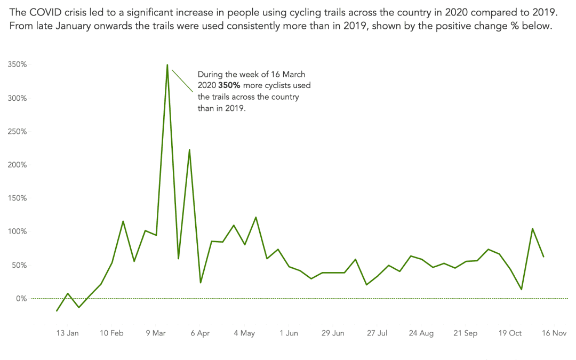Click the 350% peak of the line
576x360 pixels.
click(x=167, y=66)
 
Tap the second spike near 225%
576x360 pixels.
click(x=189, y=150)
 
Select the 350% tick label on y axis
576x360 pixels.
click(x=17, y=65)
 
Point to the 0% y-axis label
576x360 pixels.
click(x=20, y=299)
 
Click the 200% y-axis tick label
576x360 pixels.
click(x=17, y=165)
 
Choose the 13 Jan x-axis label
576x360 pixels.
click(x=68, y=333)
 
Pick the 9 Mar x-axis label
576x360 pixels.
click(x=156, y=333)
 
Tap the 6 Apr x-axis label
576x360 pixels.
click(x=199, y=333)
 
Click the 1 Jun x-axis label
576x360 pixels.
click(x=289, y=333)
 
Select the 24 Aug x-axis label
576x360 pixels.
click(x=421, y=333)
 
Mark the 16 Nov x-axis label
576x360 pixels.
click(x=554, y=333)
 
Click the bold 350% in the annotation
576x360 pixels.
click(x=229, y=85)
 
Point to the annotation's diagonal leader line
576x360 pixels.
click(x=182, y=81)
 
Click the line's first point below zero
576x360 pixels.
click(x=57, y=310)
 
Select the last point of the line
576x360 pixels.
click(x=543, y=257)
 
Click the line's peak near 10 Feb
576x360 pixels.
click(x=123, y=221)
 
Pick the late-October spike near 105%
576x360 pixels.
click(x=532, y=229)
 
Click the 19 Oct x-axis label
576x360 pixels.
click(x=510, y=333)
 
